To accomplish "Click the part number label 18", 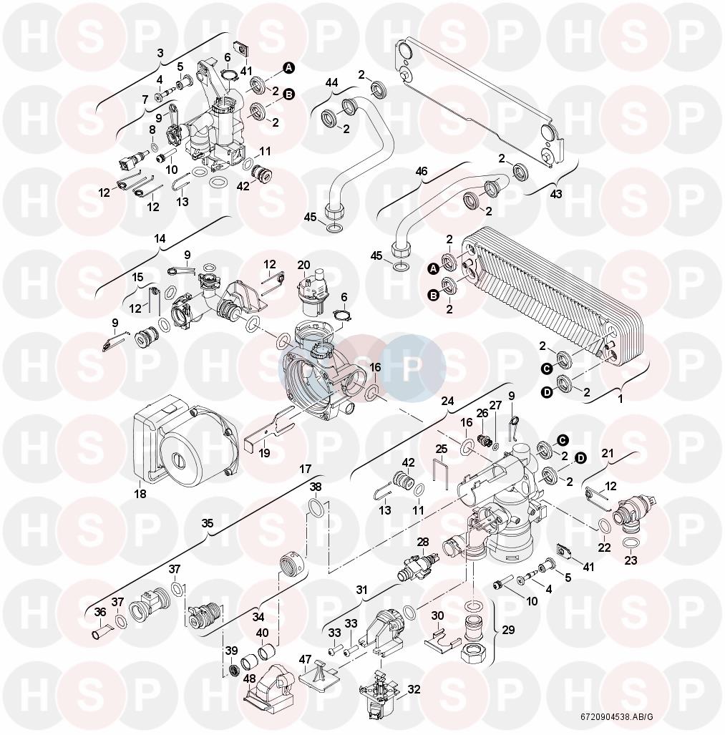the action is click(x=140, y=494).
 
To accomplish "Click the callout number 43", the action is click(x=555, y=193).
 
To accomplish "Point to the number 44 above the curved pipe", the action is click(x=331, y=83).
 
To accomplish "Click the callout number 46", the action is click(x=422, y=171).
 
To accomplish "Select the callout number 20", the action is click(x=303, y=266).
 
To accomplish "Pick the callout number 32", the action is click(x=414, y=689).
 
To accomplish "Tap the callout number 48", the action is click(x=249, y=678).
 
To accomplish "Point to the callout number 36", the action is click(x=100, y=612).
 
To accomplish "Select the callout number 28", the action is click(x=423, y=542).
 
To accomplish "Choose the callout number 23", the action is click(x=631, y=560).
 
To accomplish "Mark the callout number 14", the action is click(x=160, y=238).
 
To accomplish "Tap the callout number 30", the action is click(x=437, y=615).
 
